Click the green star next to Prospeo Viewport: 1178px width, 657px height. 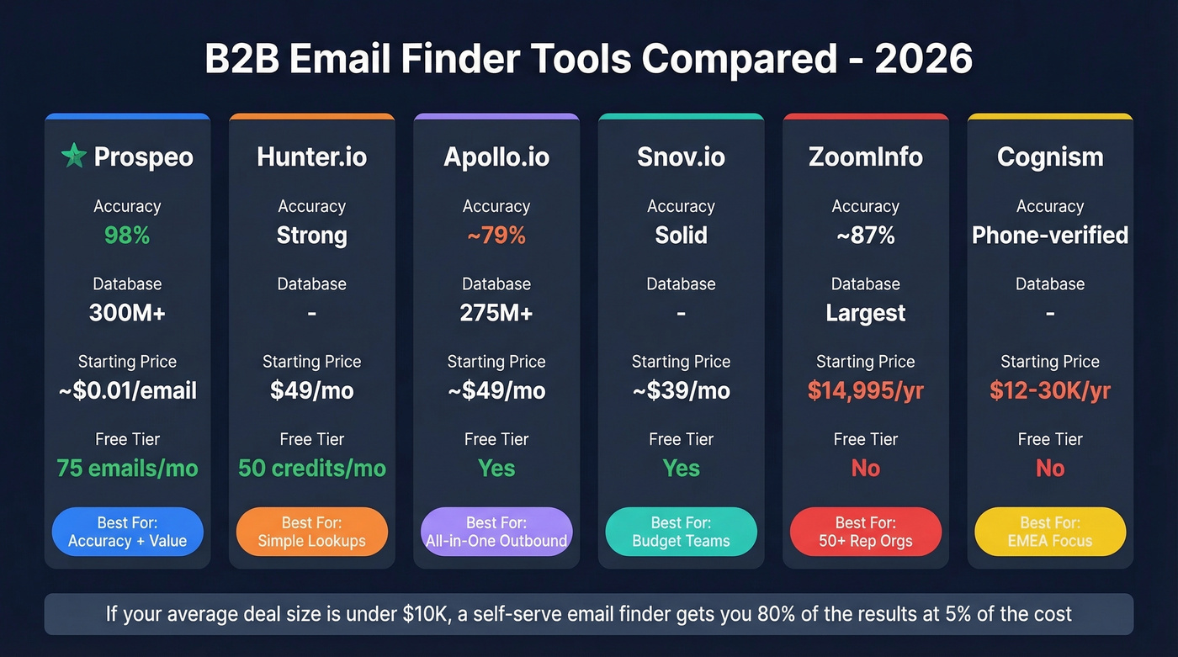74,156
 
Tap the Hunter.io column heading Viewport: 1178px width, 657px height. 311,156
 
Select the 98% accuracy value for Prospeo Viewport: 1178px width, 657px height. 127,236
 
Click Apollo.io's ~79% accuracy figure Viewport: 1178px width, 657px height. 496,236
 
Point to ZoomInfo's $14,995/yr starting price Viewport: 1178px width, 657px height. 865,391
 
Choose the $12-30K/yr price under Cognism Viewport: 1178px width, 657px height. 1049,391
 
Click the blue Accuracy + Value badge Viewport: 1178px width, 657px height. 127,532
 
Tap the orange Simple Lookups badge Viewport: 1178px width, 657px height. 311,532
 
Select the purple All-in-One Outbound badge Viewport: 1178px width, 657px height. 496,532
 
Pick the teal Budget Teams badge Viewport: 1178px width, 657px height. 681,532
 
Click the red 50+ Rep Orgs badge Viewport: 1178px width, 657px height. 865,532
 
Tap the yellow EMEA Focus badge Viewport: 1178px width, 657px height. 1049,532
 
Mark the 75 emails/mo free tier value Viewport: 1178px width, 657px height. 127,469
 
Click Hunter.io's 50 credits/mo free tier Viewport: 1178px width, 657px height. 311,469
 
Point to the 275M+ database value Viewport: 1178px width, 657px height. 496,313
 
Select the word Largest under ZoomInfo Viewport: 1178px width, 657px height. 865,313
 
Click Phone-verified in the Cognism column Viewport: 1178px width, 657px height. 1049,236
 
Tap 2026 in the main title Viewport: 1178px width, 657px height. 923,60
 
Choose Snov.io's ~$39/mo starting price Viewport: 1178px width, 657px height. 681,391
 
